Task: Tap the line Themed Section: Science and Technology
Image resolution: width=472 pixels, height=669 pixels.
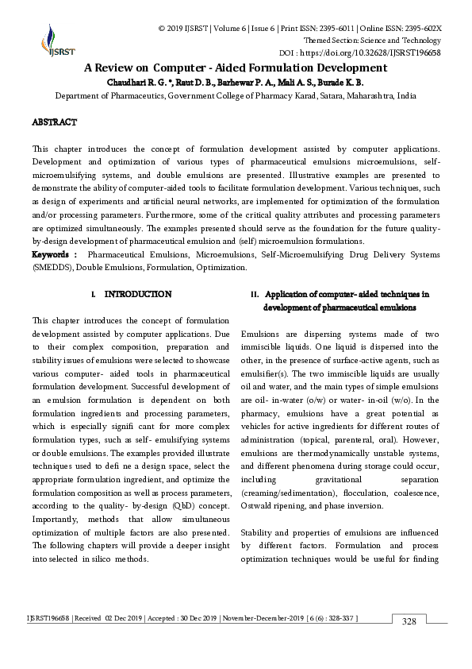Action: click(x=373, y=41)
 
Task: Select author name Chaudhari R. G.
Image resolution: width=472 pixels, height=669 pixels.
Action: click(x=138, y=82)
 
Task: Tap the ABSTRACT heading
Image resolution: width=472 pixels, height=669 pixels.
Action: click(x=54, y=122)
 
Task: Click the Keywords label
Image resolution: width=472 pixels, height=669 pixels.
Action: click(x=52, y=254)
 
